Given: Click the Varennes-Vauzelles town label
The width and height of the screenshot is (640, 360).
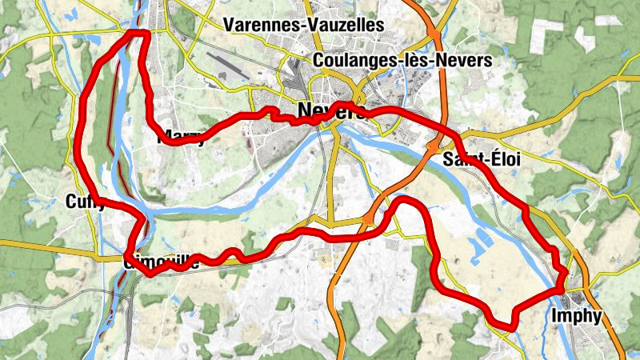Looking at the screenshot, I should coord(304,26).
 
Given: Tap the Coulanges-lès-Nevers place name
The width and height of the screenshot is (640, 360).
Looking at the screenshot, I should coord(403,60).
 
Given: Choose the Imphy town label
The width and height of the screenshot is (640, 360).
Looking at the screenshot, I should coord(576,316).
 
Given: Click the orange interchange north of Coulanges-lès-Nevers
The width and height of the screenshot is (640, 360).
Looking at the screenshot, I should coord(433,36).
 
